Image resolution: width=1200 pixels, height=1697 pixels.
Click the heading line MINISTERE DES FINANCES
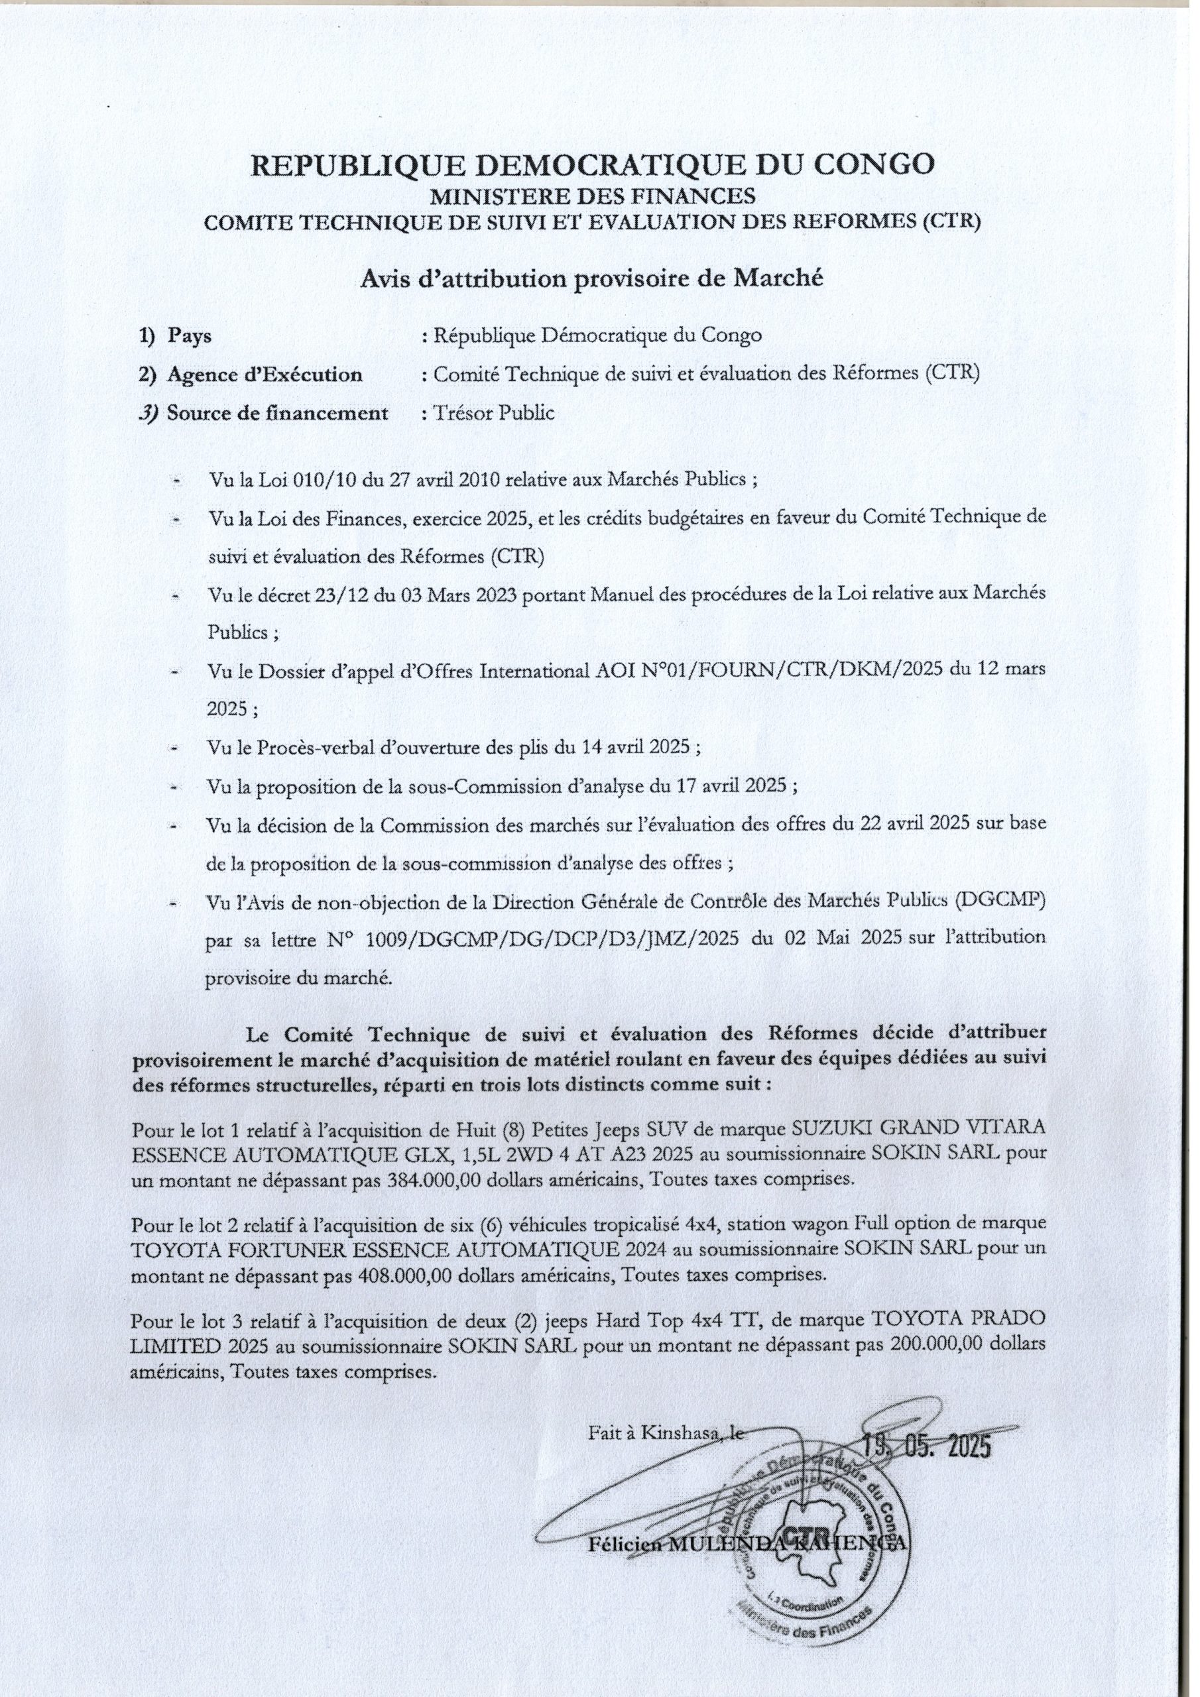(x=592, y=196)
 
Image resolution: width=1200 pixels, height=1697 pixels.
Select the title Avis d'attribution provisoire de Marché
(x=591, y=278)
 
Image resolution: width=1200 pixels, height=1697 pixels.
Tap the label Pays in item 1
(x=189, y=336)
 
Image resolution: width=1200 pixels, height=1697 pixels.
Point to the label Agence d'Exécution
(x=265, y=375)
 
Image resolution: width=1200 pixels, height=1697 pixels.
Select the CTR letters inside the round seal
(x=802, y=1535)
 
